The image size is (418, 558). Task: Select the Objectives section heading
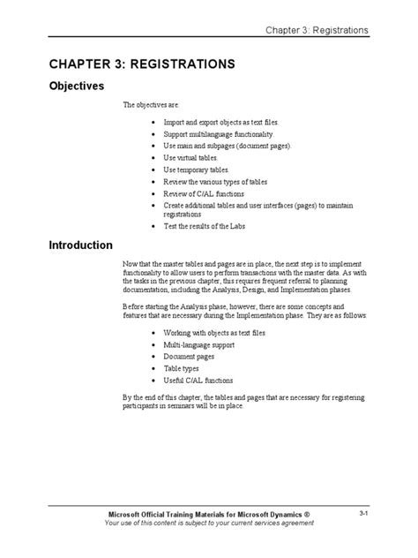tap(75, 87)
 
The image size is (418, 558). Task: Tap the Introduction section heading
tap(80, 245)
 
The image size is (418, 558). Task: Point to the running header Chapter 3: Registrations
tap(317, 31)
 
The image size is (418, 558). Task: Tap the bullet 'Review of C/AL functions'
tap(203, 193)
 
